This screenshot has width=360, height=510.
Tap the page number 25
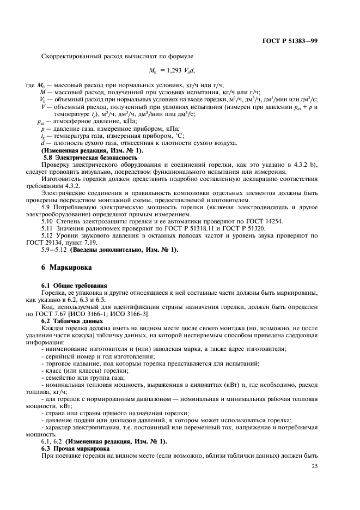[314, 466]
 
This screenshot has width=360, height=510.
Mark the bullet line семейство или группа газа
[84, 377]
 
